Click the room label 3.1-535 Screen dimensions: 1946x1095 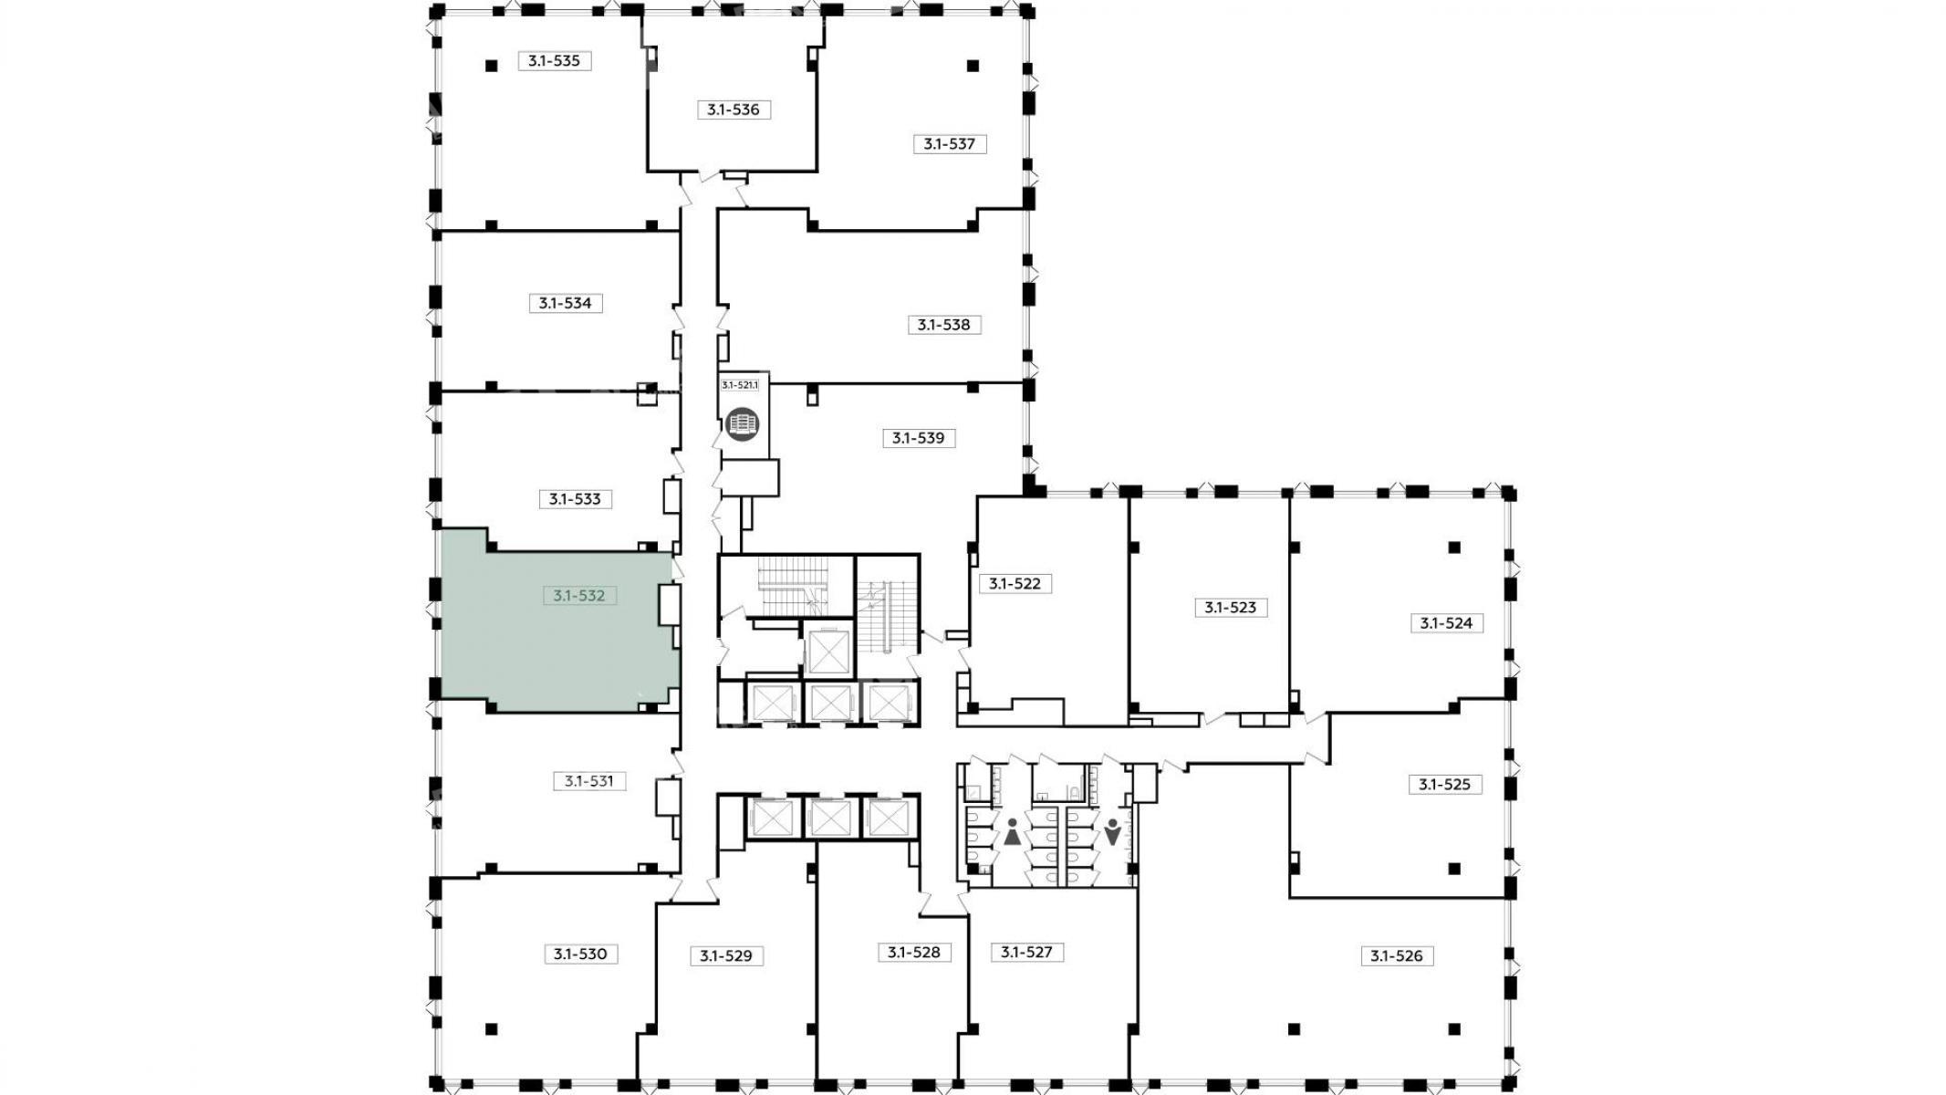pyautogui.click(x=555, y=61)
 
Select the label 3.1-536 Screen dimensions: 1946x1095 pyautogui.click(x=734, y=109)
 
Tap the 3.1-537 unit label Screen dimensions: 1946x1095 pyautogui.click(x=950, y=144)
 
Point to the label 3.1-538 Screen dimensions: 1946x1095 pyautogui.click(x=944, y=325)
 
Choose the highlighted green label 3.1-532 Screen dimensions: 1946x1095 pyautogui.click(x=579, y=596)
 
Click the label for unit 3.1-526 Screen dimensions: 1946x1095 pyautogui.click(x=1397, y=956)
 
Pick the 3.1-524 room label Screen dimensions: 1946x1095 pyautogui.click(x=1447, y=623)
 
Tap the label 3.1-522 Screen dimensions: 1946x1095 pyautogui.click(x=1015, y=583)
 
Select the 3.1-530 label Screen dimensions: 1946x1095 pyautogui.click(x=580, y=954)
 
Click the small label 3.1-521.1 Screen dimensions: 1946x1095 pyautogui.click(x=740, y=385)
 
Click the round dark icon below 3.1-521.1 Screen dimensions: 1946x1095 pyautogui.click(x=743, y=425)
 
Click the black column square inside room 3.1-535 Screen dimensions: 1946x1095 pyautogui.click(x=491, y=66)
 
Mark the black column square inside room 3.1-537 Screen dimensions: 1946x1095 pyautogui.click(x=973, y=66)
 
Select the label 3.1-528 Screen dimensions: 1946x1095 pyautogui.click(x=914, y=953)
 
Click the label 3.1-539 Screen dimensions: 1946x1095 pyautogui.click(x=919, y=438)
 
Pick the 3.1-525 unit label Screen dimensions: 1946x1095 pyautogui.click(x=1445, y=784)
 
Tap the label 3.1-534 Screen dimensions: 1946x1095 pyautogui.click(x=566, y=303)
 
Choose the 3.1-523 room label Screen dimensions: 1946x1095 pyautogui.click(x=1231, y=608)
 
